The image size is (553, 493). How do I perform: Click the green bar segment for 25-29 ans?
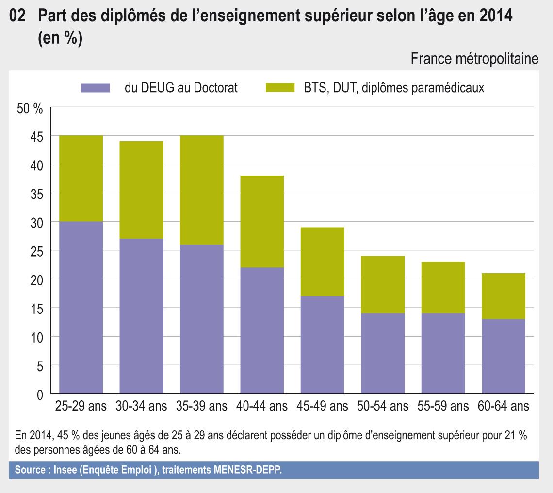point(81,179)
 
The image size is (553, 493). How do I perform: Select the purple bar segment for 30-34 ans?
point(141,315)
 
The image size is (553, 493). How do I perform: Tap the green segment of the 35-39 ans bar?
point(201,190)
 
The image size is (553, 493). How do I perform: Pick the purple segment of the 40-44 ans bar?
point(262,330)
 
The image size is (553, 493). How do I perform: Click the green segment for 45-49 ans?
point(322,262)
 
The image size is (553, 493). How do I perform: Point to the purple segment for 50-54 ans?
point(383,353)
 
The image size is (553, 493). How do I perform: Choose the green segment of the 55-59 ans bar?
point(443,287)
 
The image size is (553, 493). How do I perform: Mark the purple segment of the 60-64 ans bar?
point(504,356)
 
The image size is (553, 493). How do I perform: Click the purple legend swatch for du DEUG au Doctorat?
point(95,88)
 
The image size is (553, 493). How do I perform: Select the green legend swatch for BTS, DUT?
point(280,88)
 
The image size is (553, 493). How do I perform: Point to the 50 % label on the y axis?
point(30,109)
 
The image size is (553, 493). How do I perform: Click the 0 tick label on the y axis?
point(40,394)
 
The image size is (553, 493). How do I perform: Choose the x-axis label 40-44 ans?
point(262,406)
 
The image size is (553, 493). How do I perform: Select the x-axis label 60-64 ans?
point(504,406)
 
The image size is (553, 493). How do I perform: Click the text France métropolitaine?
point(474,59)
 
